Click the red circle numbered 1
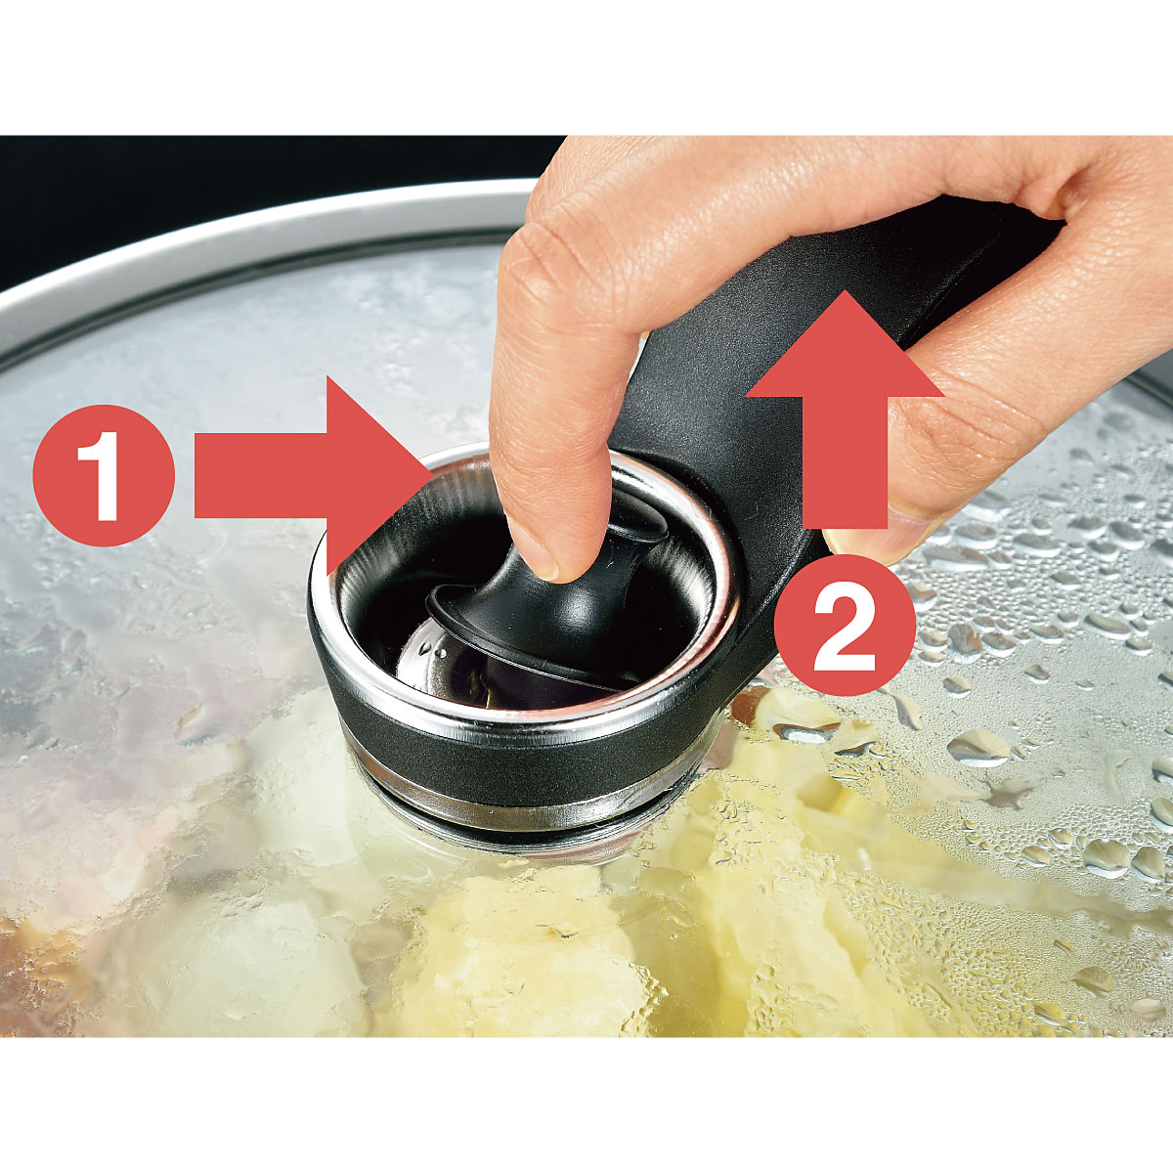point(104,475)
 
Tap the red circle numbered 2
point(845,626)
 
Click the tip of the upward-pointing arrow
point(845,290)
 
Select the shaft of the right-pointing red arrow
point(261,475)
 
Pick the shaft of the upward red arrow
point(845,462)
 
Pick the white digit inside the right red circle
point(845,627)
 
